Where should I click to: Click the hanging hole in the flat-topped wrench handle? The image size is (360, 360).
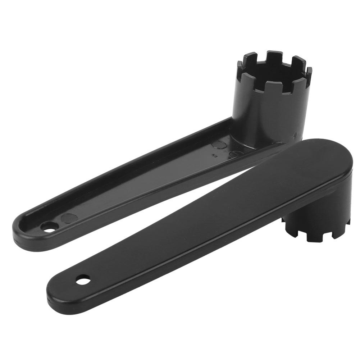point(83,279)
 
